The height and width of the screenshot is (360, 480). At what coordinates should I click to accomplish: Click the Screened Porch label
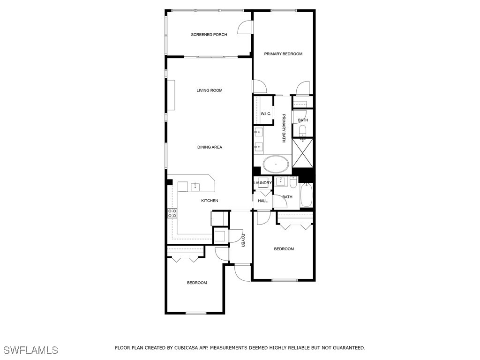click(209, 35)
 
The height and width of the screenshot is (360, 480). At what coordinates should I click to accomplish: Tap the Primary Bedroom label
click(283, 54)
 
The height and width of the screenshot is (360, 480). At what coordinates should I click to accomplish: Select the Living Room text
click(210, 90)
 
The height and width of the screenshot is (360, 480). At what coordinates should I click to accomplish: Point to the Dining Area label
click(210, 147)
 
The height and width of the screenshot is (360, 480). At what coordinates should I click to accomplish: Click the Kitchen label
click(210, 201)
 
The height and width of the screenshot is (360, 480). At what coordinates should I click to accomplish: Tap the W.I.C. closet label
click(266, 114)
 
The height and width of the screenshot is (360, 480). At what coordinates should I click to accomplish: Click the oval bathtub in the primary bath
click(276, 165)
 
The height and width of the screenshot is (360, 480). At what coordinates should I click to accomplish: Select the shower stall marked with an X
click(303, 153)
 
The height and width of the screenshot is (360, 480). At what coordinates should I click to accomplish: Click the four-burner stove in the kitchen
click(172, 213)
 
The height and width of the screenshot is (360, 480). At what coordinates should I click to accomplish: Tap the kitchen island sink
click(195, 187)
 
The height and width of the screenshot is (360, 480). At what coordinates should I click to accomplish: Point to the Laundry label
click(262, 183)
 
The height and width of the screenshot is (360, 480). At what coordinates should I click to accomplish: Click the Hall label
click(262, 201)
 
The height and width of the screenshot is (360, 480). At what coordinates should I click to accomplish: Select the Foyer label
click(243, 240)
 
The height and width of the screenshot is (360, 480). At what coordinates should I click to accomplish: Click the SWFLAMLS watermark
click(31, 350)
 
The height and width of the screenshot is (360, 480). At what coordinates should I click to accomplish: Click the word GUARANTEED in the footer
click(349, 348)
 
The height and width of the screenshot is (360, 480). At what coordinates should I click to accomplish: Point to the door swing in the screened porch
click(245, 27)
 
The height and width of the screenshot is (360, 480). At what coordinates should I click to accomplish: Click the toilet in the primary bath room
click(303, 130)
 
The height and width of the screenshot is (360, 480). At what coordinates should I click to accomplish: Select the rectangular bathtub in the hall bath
click(306, 195)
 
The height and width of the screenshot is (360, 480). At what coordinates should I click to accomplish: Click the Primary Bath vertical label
click(284, 128)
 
